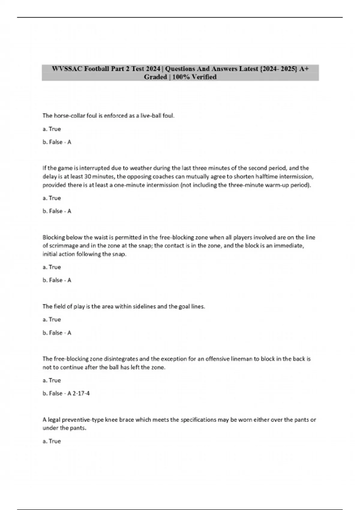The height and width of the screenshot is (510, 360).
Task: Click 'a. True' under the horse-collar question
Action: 52,129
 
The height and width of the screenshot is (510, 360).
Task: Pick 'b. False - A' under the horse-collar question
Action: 57,142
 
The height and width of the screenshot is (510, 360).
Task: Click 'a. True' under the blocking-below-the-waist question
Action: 52,267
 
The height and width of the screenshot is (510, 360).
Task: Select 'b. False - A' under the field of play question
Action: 57,333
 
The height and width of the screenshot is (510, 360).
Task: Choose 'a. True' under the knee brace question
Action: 52,441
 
